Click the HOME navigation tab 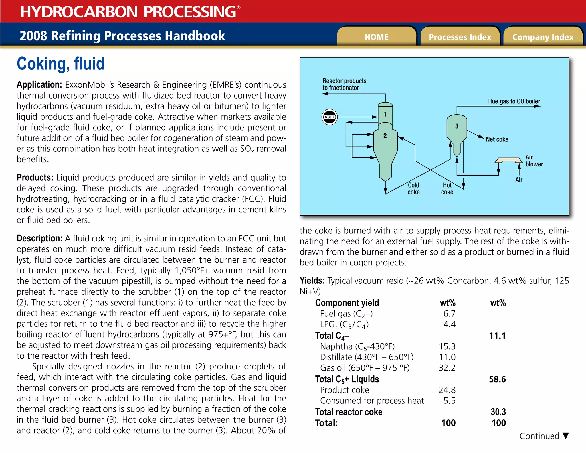pos(376,37)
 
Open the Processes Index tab pos(460,37)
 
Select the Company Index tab pos(543,37)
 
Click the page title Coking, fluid pos(61,64)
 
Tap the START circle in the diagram pos(329,117)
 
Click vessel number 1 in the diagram pos(385,114)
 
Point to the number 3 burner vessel pos(457,126)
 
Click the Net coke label pos(497,139)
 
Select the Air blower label pos(534,161)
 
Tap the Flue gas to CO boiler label pos(513,101)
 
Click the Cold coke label pos(413,189)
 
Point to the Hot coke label pos(447,189)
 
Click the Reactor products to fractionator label pos(344,84)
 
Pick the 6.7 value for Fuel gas pos(449,314)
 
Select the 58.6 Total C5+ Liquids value pos(497,379)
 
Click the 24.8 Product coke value pos(447,390)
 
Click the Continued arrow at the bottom pos(565,436)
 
